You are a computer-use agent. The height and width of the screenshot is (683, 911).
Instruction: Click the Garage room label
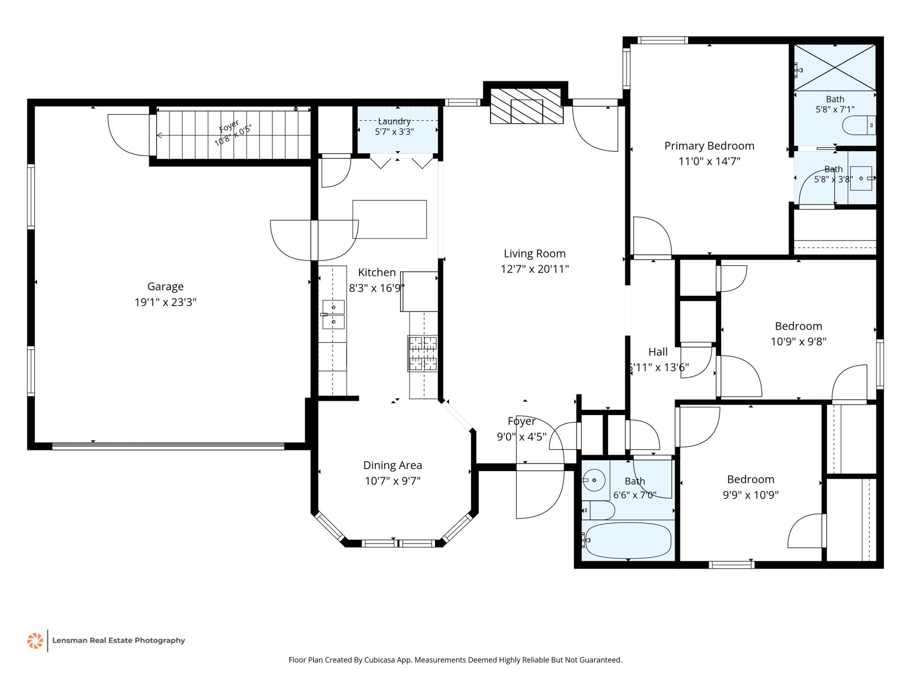pyautogui.click(x=165, y=286)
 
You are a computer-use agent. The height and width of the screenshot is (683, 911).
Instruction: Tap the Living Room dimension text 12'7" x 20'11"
pyautogui.click(x=535, y=269)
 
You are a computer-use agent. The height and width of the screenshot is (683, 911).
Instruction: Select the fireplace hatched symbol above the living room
pyautogui.click(x=527, y=106)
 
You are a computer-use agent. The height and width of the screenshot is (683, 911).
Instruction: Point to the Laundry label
pyautogui.click(x=394, y=121)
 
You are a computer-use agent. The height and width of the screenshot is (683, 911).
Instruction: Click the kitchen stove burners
pyautogui.click(x=423, y=353)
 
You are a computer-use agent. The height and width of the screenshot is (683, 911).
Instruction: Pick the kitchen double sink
pyautogui.click(x=334, y=314)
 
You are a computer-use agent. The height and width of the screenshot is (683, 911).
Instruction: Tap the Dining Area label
pyautogui.click(x=392, y=465)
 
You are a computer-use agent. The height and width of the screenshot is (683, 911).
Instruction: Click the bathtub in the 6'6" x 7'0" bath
pyautogui.click(x=628, y=541)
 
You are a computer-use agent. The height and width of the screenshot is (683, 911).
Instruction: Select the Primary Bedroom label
pyautogui.click(x=709, y=146)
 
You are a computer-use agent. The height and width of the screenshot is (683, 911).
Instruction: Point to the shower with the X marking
pyautogui.click(x=835, y=67)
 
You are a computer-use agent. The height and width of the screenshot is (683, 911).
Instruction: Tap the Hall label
pyautogui.click(x=658, y=352)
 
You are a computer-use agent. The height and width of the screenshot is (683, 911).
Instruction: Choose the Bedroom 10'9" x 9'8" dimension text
pyautogui.click(x=799, y=341)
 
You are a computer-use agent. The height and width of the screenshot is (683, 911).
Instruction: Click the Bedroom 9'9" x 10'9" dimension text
pyautogui.click(x=751, y=495)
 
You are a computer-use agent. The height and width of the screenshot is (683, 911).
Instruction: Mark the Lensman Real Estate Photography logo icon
pyautogui.click(x=35, y=641)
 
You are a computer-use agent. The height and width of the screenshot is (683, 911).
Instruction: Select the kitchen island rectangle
pyautogui.click(x=390, y=219)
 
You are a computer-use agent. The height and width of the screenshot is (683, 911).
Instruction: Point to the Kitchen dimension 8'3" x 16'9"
pyautogui.click(x=377, y=288)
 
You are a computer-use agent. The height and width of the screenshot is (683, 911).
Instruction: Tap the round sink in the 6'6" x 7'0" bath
pyautogui.click(x=594, y=480)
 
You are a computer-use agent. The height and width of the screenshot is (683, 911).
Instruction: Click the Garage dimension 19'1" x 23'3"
pyautogui.click(x=165, y=302)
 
